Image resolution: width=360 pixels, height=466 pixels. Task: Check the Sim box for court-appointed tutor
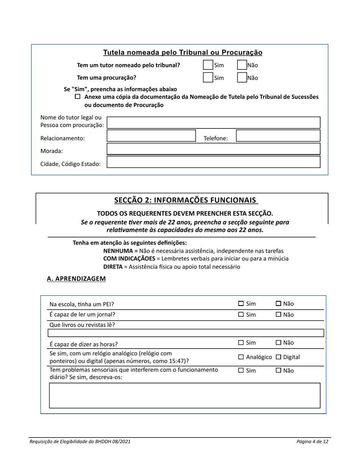pos(208,65)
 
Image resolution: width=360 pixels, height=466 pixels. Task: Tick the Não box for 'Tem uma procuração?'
pos(242,78)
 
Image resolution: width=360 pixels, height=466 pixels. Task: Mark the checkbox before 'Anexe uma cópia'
pos(78,97)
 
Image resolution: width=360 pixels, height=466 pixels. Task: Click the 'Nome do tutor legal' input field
pos(214,123)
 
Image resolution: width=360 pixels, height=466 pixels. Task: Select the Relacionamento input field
pos(151,136)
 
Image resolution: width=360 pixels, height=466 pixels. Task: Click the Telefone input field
pos(278,136)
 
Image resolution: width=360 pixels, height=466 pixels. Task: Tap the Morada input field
pos(214,149)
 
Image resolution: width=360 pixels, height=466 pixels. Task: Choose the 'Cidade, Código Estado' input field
pos(214,162)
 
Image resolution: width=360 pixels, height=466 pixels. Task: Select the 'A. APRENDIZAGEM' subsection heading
pos(76,279)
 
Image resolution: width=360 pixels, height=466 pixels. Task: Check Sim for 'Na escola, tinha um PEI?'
pos(241,303)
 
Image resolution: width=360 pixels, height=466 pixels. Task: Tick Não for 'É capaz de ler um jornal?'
pos(279,314)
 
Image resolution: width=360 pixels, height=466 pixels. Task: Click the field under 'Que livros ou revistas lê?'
pos(186,333)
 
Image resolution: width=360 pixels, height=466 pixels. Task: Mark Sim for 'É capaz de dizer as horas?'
pos(241,343)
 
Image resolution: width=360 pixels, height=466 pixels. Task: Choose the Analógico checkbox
pos(241,357)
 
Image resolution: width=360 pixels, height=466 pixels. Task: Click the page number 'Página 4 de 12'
pos(312,441)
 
